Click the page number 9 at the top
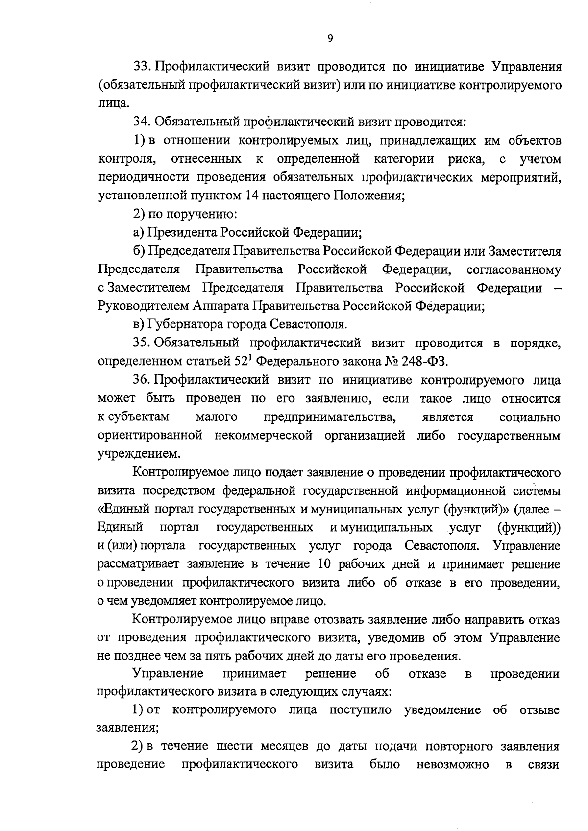coord(330,39)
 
